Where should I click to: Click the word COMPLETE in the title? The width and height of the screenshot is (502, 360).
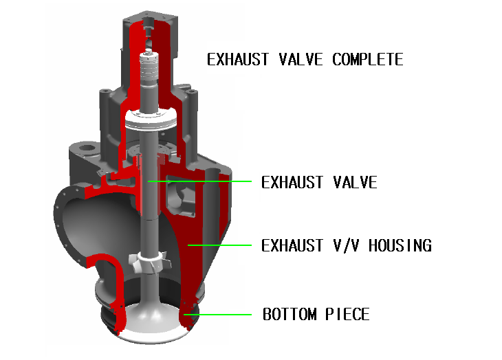click(x=367, y=60)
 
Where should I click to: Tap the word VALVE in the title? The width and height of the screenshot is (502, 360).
click(x=300, y=60)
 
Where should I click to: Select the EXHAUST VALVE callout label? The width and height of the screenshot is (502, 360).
click(x=319, y=183)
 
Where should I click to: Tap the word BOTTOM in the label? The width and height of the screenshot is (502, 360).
click(x=290, y=315)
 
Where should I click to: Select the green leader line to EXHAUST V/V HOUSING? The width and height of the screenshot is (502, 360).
click(x=220, y=244)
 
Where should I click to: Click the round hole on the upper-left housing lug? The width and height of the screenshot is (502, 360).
click(x=85, y=147)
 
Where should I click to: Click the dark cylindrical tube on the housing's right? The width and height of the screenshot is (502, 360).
click(x=212, y=171)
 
